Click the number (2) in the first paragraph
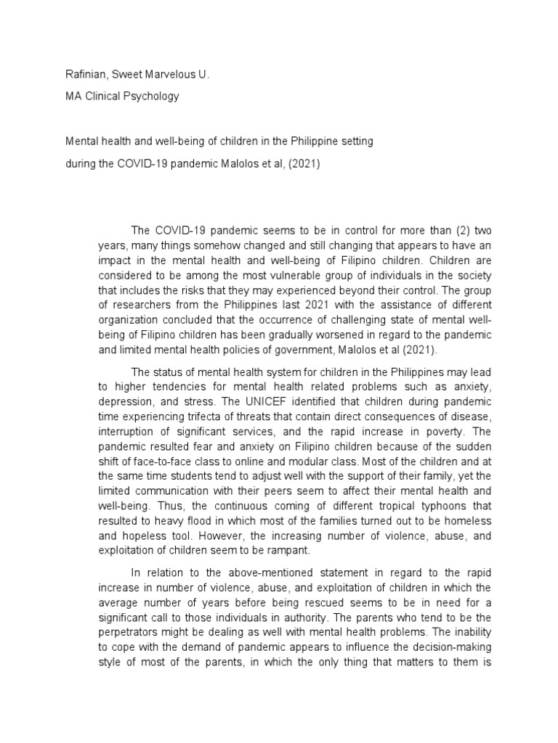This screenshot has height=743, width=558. [443, 231]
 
